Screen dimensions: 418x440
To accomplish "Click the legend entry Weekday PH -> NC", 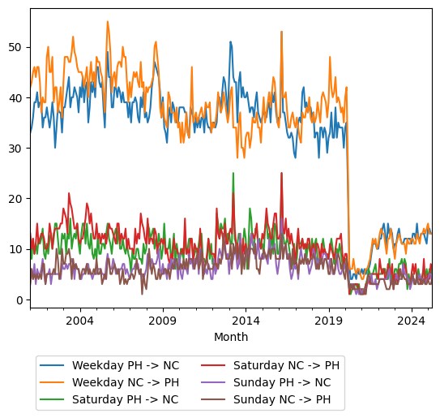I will pos(125,365).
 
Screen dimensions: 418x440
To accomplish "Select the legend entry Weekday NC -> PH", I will pos(125,382).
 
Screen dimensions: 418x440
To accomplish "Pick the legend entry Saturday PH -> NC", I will pos(125,399).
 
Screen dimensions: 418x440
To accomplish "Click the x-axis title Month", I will pos(231,337).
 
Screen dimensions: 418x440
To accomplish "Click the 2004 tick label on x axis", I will pos(79,321).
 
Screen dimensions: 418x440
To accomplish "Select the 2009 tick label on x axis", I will pos(163,321).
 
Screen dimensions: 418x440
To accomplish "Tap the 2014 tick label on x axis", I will pos(246,321).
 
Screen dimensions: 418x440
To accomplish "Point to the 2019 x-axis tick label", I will pos(328,321).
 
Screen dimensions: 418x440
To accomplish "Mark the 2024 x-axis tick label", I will pos(411,321).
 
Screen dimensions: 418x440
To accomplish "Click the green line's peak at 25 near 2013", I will pos(233,173).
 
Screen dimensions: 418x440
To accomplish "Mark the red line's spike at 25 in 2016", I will pos(281,173).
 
